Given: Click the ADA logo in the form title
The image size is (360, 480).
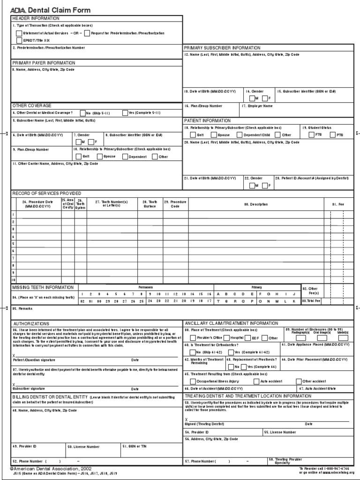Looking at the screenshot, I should pos(18,10).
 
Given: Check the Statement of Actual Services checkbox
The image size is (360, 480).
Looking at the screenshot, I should pos(19,33).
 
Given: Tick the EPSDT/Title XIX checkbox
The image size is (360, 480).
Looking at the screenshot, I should pos(19,40).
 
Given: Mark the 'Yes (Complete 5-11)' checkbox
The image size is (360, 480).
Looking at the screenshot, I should pos(124,113).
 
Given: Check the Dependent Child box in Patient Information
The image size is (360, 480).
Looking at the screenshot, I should pos(239,135).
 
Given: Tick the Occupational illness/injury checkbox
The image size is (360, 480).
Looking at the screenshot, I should pos(187,382).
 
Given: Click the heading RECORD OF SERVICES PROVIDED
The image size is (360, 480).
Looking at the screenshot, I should pos(46,193).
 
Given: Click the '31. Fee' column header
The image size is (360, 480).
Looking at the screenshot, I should pos(337,204).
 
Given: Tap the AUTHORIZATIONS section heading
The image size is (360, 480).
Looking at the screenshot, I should pos(31,323).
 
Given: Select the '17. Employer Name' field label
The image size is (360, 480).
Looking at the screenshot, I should pos(257,106).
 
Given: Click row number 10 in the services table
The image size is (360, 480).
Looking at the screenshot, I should pos(14,279).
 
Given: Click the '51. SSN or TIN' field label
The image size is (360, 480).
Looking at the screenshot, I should pos(135,446).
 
